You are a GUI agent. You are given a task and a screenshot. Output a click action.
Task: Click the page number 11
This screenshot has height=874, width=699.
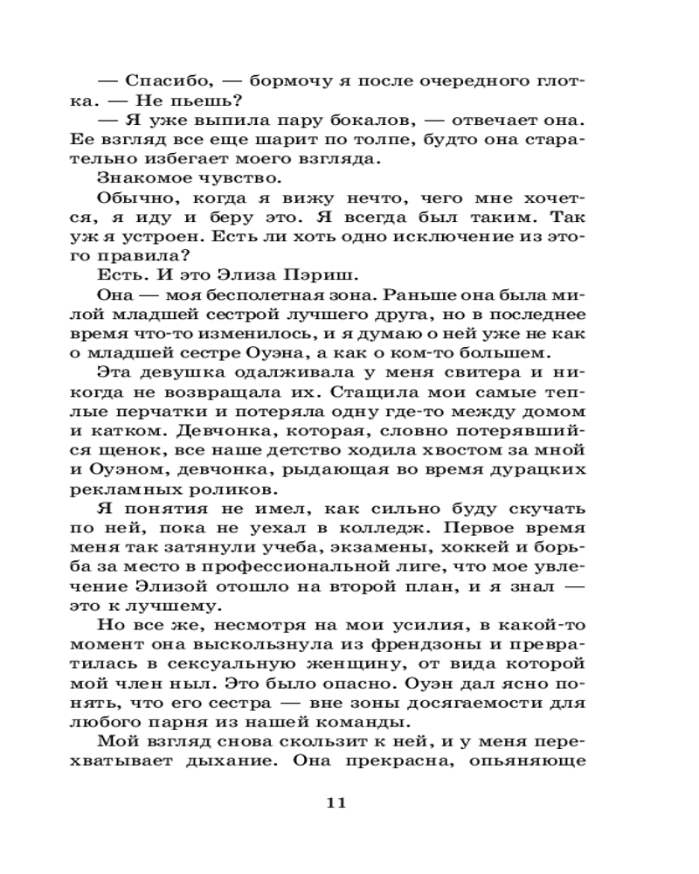336,802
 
